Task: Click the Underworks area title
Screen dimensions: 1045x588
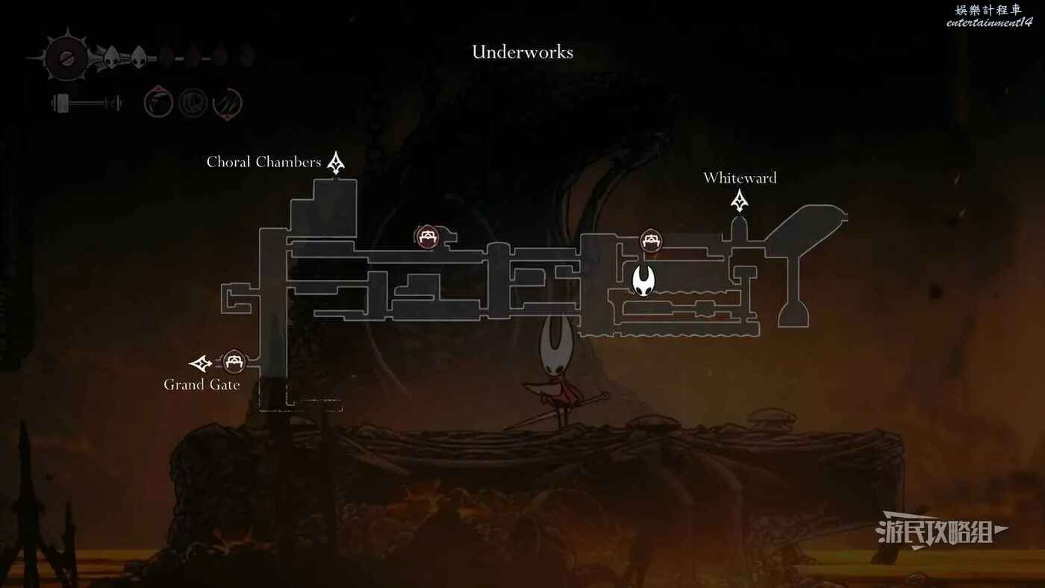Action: (522, 52)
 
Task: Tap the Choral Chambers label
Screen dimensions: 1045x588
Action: (263, 162)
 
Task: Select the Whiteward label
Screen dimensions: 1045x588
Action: (740, 178)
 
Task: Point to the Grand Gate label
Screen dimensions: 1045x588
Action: (202, 385)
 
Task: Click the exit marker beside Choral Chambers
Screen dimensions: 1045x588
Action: (336, 163)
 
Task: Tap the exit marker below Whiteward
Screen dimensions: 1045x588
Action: (740, 201)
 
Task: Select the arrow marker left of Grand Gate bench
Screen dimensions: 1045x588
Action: (201, 363)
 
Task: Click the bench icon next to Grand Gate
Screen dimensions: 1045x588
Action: (234, 361)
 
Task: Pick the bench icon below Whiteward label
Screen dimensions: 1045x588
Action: (651, 241)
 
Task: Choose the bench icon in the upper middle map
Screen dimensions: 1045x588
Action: (427, 237)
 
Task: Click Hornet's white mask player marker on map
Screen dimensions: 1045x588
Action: (643, 281)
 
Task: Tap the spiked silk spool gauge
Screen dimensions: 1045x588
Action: (66, 57)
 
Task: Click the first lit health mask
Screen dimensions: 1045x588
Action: (111, 57)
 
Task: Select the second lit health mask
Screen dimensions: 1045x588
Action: (139, 57)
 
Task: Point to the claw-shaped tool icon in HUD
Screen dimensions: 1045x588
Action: (227, 103)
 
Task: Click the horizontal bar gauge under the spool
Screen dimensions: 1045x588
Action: (87, 103)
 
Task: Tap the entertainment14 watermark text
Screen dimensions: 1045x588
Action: (989, 22)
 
